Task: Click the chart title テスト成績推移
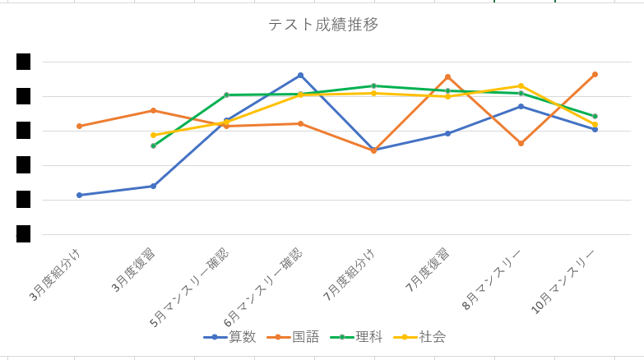(x=323, y=25)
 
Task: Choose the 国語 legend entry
(x=305, y=337)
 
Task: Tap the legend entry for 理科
(x=368, y=337)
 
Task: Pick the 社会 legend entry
(x=432, y=337)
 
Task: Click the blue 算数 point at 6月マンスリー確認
(x=300, y=75)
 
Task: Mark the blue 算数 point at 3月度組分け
(x=79, y=195)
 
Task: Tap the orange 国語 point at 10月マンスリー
(x=595, y=74)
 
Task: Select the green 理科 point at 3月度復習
(x=153, y=145)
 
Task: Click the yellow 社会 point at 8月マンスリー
(x=521, y=85)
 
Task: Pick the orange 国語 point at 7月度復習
(x=447, y=76)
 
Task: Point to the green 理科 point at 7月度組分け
(x=373, y=85)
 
